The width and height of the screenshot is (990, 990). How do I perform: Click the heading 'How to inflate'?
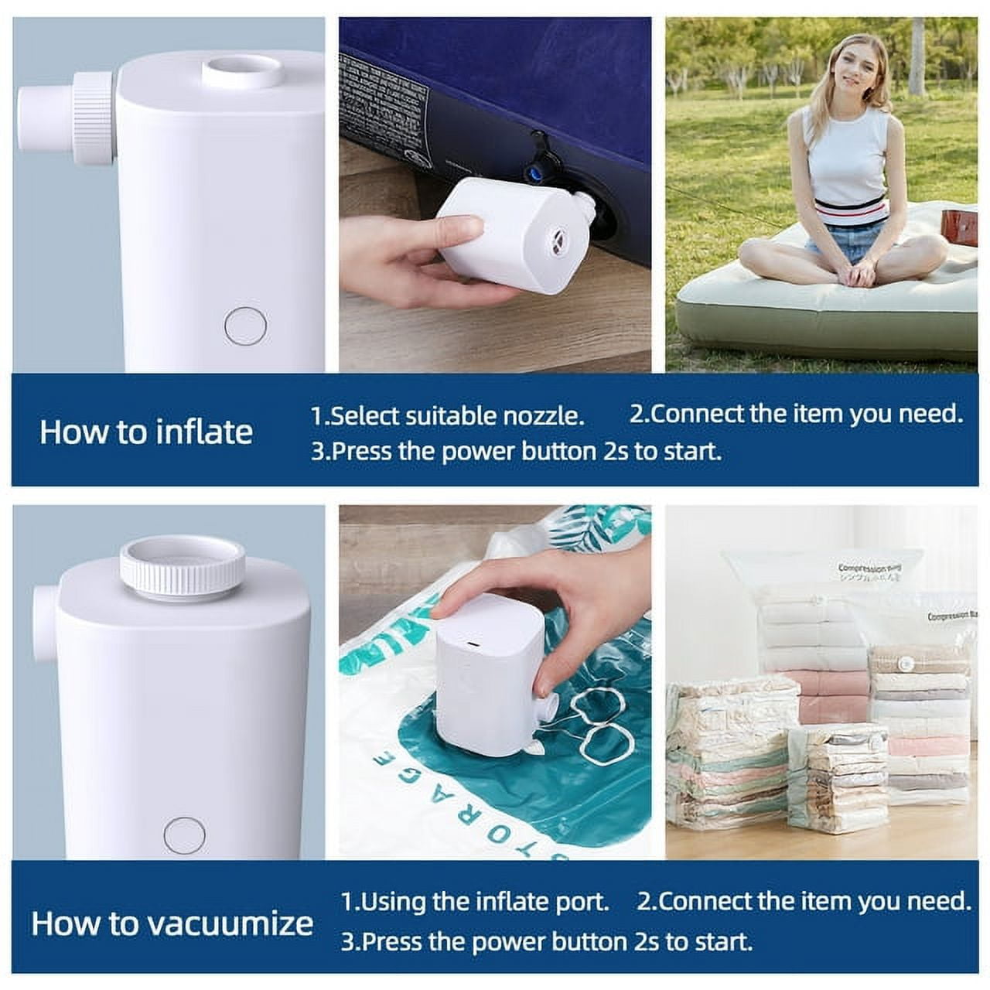146,432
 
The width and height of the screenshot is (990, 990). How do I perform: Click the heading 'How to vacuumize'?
172,923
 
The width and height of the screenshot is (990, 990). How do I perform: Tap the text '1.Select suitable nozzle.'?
447,415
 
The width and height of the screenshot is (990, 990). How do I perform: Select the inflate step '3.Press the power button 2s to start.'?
516,451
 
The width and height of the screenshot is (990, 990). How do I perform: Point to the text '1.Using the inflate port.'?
475,901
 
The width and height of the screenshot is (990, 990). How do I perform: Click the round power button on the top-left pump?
246,326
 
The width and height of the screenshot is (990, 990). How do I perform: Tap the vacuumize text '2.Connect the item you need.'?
804,901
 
